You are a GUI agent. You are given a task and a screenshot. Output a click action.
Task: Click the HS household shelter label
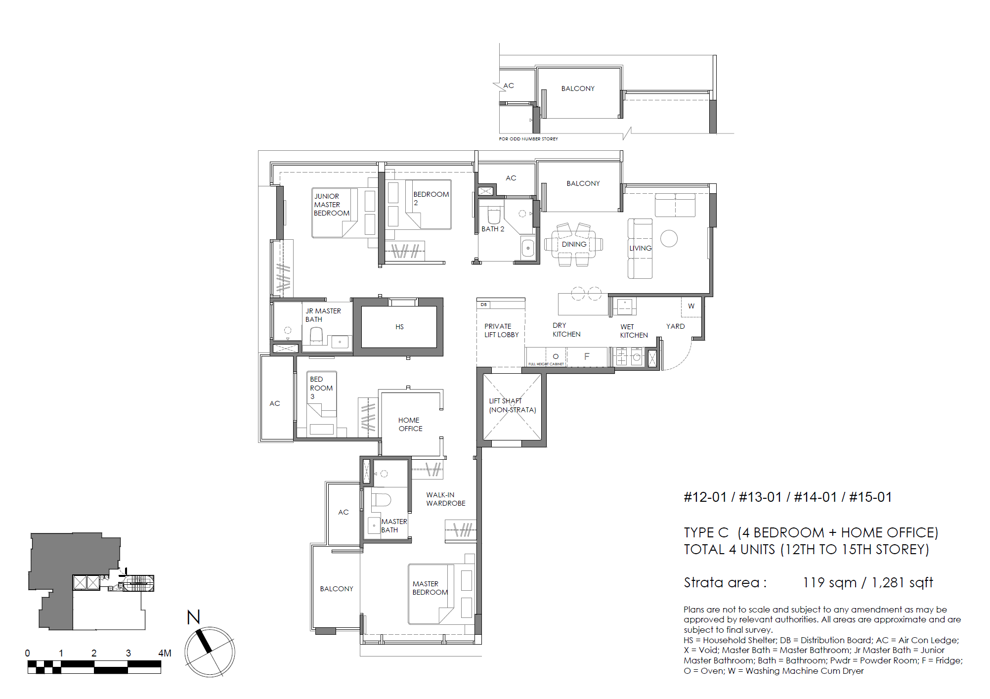[399, 327]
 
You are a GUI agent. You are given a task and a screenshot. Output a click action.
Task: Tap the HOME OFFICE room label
[410, 424]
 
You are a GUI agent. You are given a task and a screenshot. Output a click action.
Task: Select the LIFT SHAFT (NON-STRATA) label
[512, 405]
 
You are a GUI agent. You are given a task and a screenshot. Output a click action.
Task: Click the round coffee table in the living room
[669, 239]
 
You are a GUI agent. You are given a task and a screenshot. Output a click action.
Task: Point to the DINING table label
[574, 244]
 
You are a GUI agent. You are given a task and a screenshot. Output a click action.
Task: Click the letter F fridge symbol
[587, 356]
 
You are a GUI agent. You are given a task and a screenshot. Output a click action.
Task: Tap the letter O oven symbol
[556, 356]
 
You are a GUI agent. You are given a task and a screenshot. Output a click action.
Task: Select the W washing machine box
[691, 306]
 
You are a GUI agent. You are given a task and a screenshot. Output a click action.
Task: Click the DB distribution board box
[484, 305]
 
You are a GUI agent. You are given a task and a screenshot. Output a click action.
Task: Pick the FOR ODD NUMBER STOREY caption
[528, 139]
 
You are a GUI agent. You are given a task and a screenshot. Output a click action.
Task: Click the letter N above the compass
[193, 617]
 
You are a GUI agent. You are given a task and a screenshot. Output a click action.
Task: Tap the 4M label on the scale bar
[165, 653]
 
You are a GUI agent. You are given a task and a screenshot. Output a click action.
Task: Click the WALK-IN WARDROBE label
[445, 499]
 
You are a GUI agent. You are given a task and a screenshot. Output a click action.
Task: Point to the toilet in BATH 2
[494, 216]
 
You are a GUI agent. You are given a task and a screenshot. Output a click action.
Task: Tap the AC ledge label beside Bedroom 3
[275, 403]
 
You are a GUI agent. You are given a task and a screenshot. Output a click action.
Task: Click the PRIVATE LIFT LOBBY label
[501, 330]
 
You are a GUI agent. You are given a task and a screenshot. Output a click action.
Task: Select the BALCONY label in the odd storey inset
[578, 88]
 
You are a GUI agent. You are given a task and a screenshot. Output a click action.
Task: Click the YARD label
[675, 326]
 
